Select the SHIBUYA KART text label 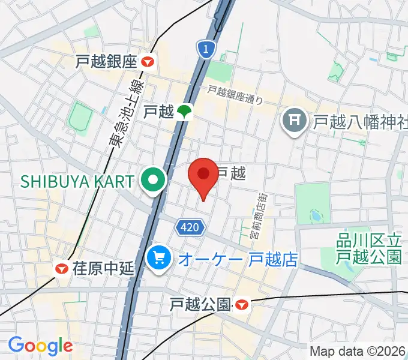77,179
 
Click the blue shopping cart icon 158,259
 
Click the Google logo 40,346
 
